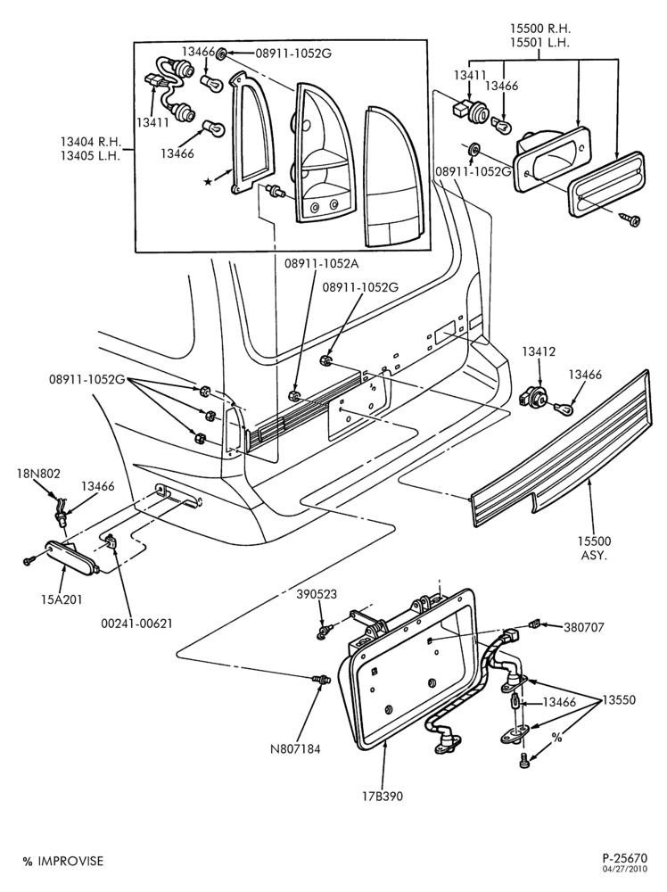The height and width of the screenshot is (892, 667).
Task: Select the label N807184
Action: coord(295,749)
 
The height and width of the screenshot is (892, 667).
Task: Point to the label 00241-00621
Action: coord(136,624)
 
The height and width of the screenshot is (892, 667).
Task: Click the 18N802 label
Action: coord(39,474)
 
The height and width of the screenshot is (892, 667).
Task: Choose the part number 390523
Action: coord(317,594)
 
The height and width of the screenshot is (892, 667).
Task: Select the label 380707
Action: coord(584,627)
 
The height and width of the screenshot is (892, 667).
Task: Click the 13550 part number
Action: coord(619,699)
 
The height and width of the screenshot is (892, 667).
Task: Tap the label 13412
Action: coord(539,352)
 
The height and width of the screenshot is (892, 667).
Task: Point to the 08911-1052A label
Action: coord(322,264)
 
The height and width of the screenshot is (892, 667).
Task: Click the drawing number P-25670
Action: coord(625,857)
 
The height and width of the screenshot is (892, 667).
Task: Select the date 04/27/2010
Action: coord(625,868)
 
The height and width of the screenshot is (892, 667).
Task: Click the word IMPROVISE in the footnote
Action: coord(71,862)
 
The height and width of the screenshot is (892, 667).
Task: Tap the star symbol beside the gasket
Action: coord(209,181)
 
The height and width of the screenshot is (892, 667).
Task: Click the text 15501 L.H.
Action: coord(540,42)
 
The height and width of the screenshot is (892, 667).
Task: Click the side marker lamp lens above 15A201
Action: coord(71,557)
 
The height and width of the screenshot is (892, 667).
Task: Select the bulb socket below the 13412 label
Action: coord(531,398)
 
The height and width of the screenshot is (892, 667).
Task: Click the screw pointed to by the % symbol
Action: coord(524,759)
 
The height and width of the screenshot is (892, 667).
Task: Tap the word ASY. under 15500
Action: coord(594,555)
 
